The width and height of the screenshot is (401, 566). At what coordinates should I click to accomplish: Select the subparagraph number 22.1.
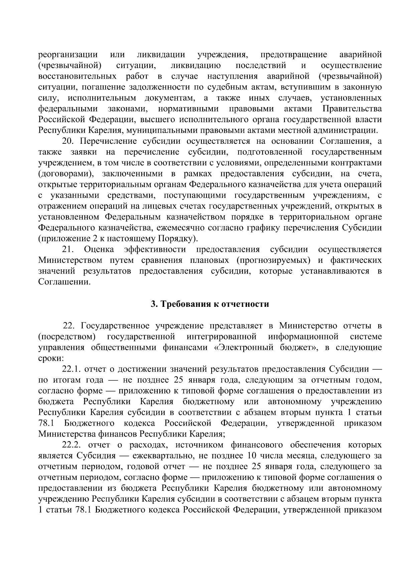pyautogui.click(x=72, y=369)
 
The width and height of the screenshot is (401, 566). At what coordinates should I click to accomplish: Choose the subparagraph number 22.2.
pyautogui.click(x=72, y=445)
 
